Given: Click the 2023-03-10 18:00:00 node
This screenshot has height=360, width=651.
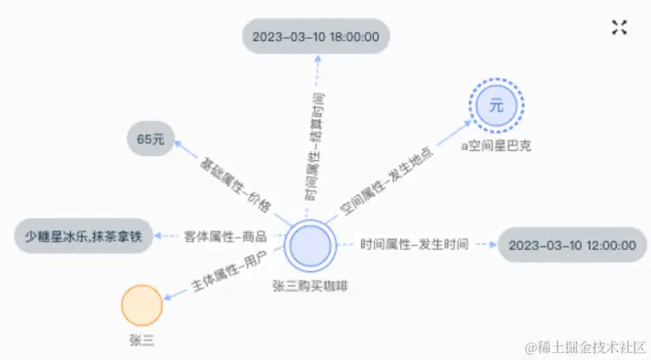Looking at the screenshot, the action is pos(315,37).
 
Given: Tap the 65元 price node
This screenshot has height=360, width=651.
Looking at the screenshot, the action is pos(150,140).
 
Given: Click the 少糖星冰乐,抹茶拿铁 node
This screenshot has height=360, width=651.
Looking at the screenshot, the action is pos(83,237).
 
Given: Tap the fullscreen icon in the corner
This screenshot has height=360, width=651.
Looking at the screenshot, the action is pos(619,27).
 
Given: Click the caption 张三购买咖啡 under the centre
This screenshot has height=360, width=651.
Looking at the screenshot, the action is pos(312,284).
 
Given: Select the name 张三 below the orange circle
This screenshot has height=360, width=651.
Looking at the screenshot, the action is pos(142,340).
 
